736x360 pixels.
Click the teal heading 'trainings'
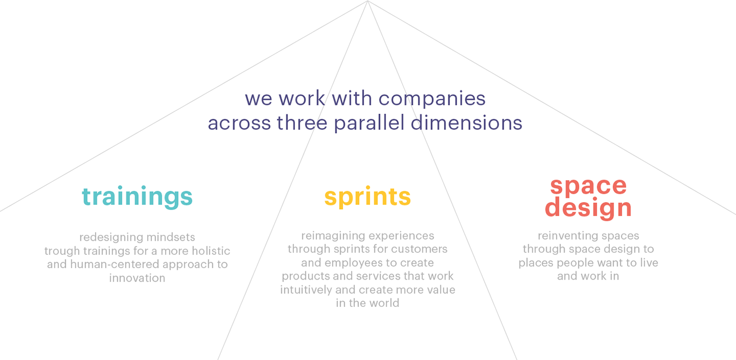point(137,197)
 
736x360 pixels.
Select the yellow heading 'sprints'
point(367,197)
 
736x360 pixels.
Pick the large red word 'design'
point(588,208)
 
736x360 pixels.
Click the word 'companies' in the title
point(432,99)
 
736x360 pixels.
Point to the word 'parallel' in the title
point(369,123)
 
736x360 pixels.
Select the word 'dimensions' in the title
point(466,123)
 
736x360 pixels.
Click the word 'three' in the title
point(302,123)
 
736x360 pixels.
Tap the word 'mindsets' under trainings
point(170,237)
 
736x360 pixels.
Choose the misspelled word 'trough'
point(62,251)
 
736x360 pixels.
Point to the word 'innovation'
point(137,278)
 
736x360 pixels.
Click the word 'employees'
point(355,263)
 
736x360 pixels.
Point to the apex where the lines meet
point(367,1)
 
